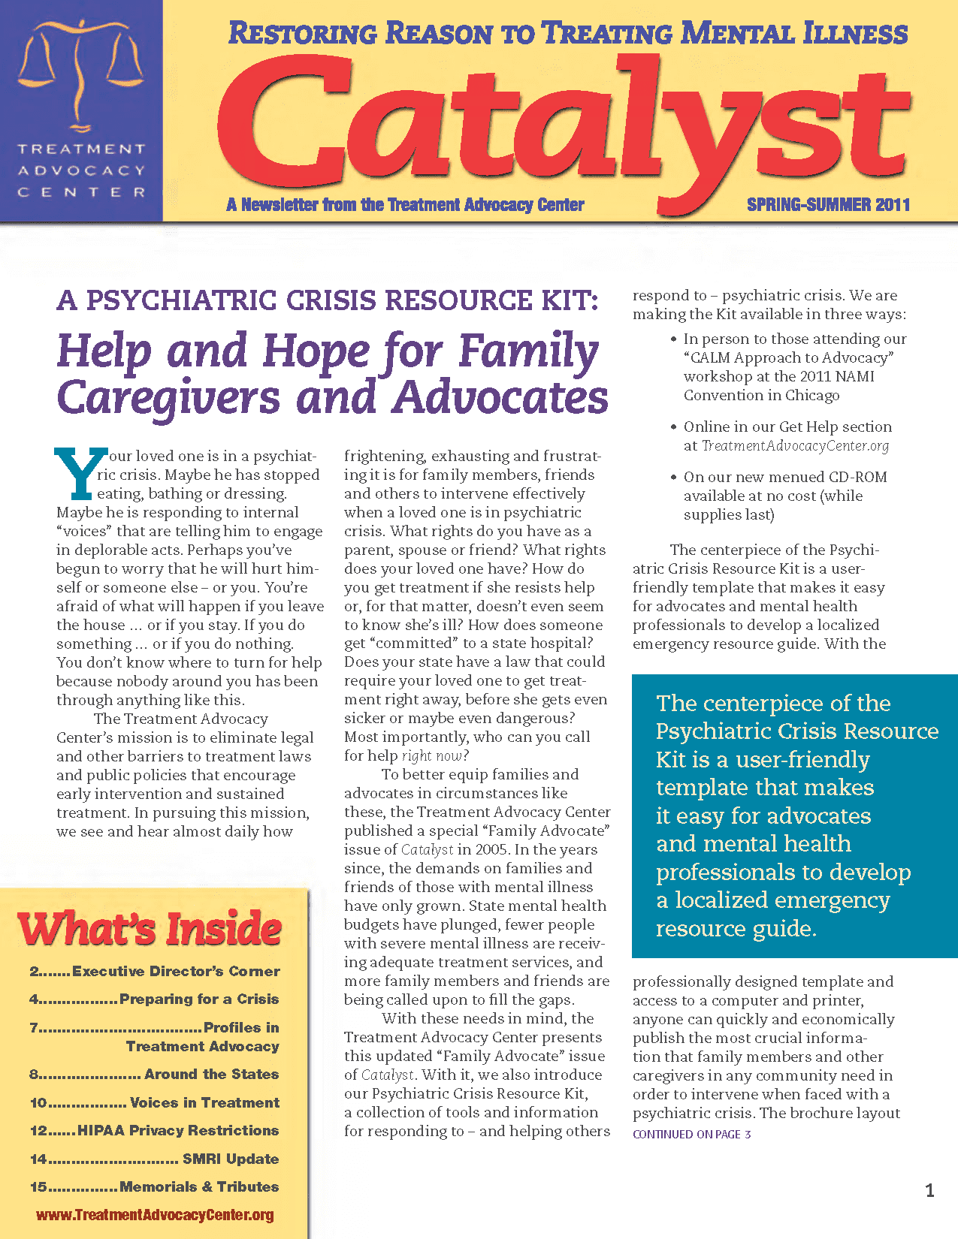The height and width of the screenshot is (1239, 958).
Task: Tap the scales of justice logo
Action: coord(80,71)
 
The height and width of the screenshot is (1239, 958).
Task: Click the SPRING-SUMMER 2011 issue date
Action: coord(828,205)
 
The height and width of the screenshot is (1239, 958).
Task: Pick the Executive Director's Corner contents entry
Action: coord(155,971)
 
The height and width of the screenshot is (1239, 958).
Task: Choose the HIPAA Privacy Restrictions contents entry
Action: coord(155,1130)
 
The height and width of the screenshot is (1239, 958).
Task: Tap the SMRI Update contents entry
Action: coord(155,1159)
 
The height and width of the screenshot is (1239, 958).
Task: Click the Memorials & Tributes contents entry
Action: coord(155,1186)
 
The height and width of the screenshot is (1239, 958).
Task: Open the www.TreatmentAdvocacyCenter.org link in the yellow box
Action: coord(155,1215)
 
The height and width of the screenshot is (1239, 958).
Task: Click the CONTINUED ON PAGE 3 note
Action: coord(691,1134)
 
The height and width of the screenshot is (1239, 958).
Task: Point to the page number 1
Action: coord(929,1190)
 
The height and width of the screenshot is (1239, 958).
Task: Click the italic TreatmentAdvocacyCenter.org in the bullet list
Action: coord(795,446)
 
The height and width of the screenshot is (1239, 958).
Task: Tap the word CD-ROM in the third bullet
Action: coord(857,478)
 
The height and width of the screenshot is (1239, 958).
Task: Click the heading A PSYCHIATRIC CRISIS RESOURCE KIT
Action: coord(328,300)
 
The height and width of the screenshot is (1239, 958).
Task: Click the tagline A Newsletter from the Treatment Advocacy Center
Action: coord(405,205)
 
